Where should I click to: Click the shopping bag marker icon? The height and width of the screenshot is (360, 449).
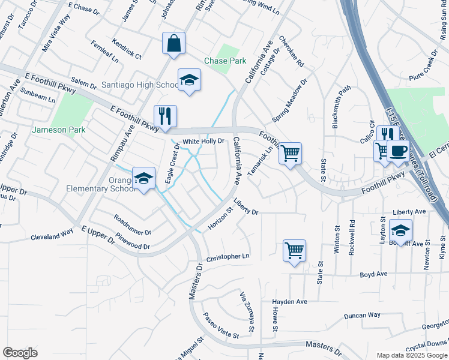click(173, 43)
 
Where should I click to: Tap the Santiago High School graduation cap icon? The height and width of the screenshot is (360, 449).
click(189, 80)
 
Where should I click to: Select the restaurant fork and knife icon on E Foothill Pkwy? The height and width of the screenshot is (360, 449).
click(164, 115)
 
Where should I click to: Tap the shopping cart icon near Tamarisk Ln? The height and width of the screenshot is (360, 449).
click(290, 153)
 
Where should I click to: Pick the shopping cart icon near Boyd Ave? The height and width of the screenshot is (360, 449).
click(294, 251)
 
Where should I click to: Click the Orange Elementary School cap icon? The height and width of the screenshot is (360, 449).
click(143, 178)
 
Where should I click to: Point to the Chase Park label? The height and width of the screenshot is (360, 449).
click(225, 61)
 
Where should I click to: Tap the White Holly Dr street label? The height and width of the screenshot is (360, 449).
click(203, 142)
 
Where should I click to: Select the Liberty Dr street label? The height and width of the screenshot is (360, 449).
click(246, 208)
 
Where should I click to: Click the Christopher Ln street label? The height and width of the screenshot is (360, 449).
click(228, 257)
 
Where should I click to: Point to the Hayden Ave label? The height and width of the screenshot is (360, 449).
click(289, 302)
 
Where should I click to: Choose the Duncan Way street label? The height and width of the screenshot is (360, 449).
click(362, 315)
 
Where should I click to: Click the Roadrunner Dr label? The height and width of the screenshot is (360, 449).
click(132, 226)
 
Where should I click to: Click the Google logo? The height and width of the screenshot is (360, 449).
click(20, 353)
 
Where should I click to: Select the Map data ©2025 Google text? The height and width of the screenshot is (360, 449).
click(411, 355)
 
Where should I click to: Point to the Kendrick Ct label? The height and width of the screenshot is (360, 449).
click(125, 51)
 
